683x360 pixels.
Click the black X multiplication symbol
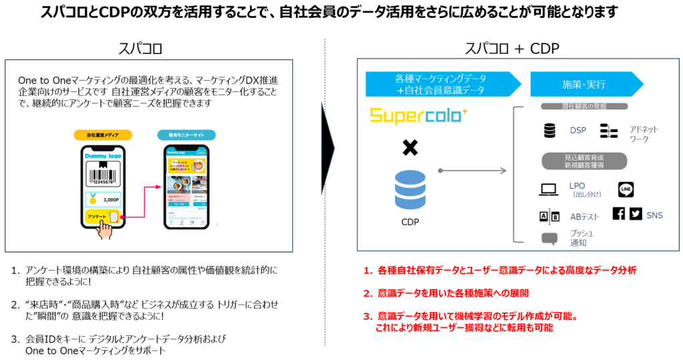pyautogui.click(x=410, y=148)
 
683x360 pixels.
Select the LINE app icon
pyautogui.click(x=626, y=189)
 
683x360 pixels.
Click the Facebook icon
pyautogui.click(x=618, y=214)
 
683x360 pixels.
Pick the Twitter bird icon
pyautogui.click(x=635, y=214)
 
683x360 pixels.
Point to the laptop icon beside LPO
pyautogui.click(x=548, y=191)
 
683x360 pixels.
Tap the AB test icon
pyautogui.click(x=548, y=217)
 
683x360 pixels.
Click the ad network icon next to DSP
pyautogui.click(x=609, y=131)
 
